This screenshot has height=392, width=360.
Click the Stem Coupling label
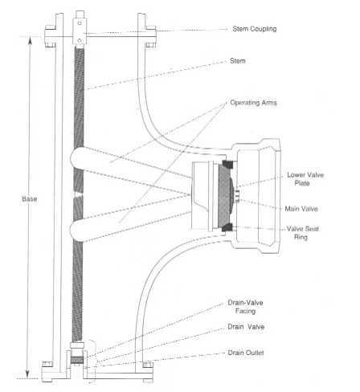coord(255,29)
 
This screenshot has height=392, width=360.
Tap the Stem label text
coord(238,61)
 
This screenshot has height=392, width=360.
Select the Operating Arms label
coord(253,103)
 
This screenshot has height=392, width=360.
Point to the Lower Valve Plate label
coord(305,179)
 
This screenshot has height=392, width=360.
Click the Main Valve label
coord(301,209)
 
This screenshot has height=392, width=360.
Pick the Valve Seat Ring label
coord(302,233)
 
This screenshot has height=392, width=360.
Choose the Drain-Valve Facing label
coord(245,307)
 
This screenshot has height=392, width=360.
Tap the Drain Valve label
coord(246,327)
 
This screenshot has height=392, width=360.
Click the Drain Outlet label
coord(246,353)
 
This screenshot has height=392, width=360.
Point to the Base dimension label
coord(30,198)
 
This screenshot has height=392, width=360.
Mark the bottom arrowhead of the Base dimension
coord(27,375)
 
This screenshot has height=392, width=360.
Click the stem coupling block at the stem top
coord(80,31)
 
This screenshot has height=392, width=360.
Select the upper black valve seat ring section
coord(227,164)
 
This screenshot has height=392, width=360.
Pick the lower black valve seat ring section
coord(227,227)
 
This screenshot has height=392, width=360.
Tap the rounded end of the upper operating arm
coord(76,158)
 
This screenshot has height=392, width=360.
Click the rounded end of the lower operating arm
coord(76,230)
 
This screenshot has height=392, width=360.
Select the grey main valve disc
coord(226,196)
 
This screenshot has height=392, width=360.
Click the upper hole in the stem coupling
coord(80,23)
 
